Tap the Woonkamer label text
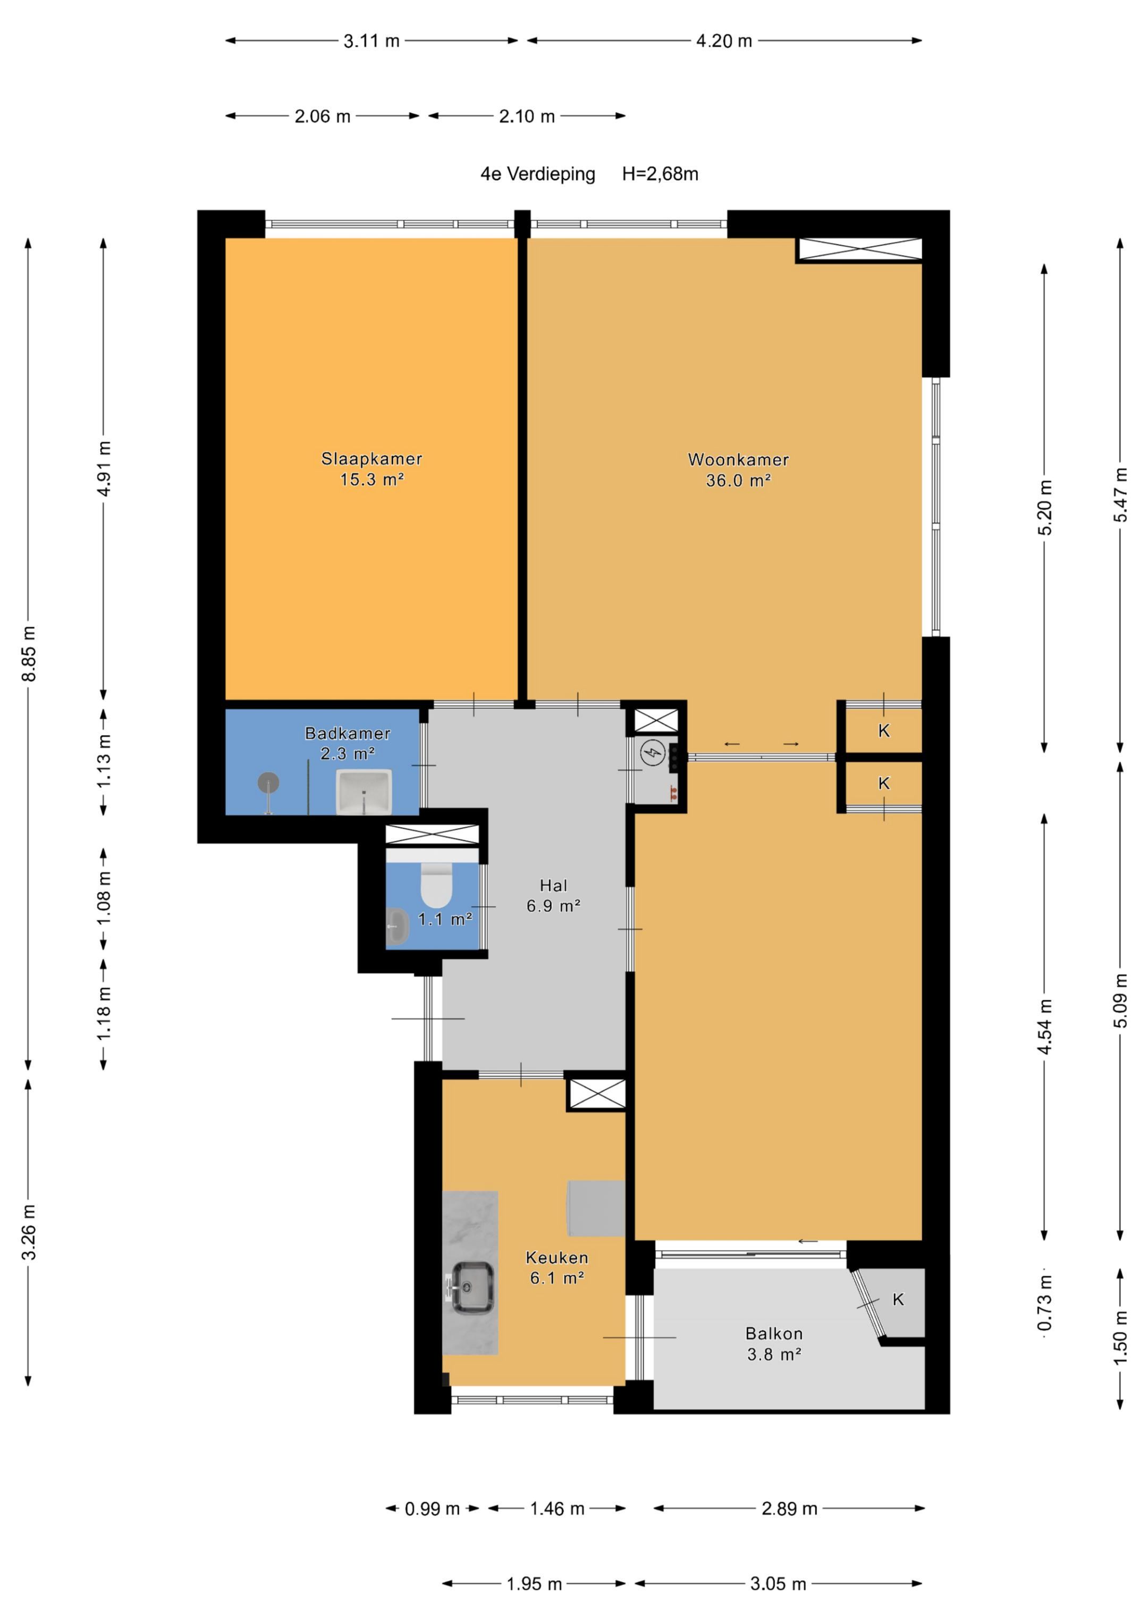(x=738, y=459)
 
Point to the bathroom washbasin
(x=364, y=792)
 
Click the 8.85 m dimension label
(x=29, y=653)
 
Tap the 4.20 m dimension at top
(x=723, y=41)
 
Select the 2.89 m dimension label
(x=789, y=1509)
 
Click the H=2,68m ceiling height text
(x=660, y=174)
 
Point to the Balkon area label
(x=774, y=1333)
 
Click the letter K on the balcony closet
(x=898, y=1299)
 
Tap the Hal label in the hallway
(x=553, y=885)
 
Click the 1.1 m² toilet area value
(x=445, y=920)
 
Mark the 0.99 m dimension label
(x=432, y=1509)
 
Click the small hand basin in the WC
(x=397, y=927)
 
